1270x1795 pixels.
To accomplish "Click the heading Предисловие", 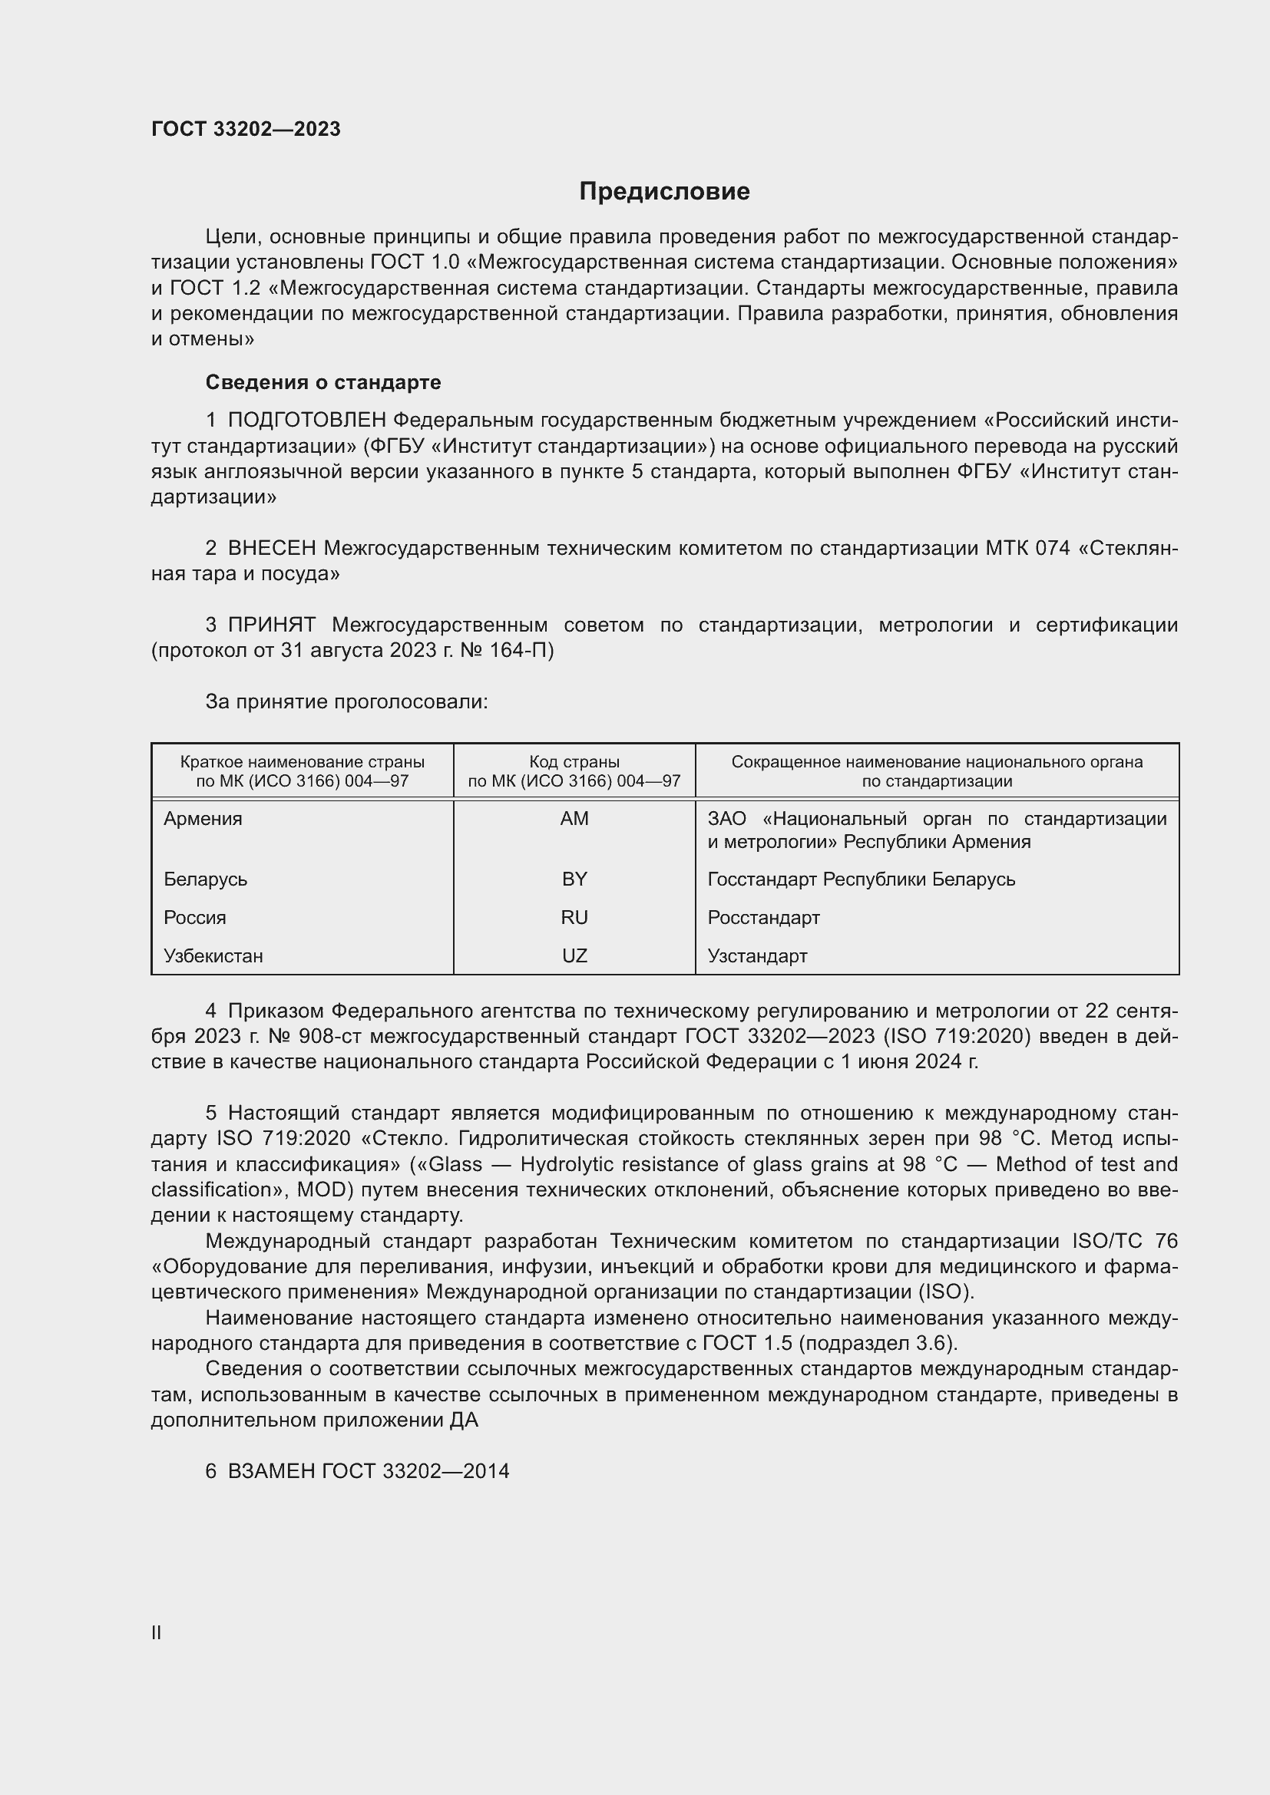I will (x=664, y=192).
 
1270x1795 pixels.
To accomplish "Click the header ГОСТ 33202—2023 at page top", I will (x=246, y=129).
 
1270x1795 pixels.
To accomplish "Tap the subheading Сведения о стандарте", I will (x=323, y=382).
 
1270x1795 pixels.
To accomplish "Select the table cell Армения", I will (x=203, y=819).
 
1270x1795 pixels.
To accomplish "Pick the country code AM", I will (x=574, y=819).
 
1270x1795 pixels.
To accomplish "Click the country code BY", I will (x=574, y=879).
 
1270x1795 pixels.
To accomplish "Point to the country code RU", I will (x=574, y=918).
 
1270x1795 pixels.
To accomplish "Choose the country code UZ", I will (x=574, y=956).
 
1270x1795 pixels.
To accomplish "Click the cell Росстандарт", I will (x=763, y=918).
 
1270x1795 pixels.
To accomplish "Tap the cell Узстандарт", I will (x=757, y=956).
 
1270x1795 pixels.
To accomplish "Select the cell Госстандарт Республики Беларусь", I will (x=861, y=879).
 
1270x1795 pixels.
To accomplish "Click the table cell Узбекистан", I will (x=213, y=956).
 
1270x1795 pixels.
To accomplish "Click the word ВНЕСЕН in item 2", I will (x=272, y=549).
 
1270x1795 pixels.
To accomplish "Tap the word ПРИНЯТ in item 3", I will (x=272, y=625).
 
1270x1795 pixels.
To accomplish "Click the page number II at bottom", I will (x=157, y=1632).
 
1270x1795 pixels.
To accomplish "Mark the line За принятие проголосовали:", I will (x=346, y=702).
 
